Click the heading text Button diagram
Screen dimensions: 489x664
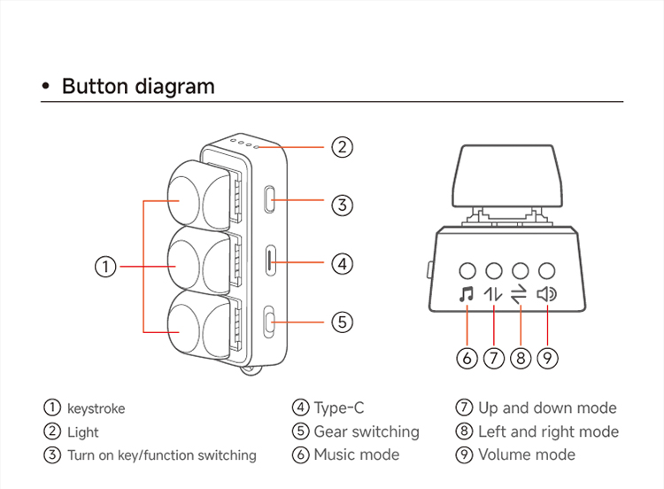(137, 86)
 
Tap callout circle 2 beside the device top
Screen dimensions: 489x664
(343, 147)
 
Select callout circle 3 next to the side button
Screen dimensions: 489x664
(343, 206)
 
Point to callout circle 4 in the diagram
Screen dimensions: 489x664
(343, 263)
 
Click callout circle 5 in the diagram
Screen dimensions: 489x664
(343, 322)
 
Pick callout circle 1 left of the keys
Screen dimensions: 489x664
(105, 266)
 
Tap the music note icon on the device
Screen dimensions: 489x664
(467, 294)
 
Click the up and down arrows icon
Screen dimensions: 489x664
(493, 294)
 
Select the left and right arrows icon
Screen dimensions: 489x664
(520, 294)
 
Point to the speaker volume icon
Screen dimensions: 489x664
(547, 294)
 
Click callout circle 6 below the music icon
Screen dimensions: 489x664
(467, 358)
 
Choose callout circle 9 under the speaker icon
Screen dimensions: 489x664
(548, 358)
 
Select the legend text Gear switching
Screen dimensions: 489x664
(366, 431)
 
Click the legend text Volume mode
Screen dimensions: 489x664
(526, 454)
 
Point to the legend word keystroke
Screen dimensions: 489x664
(96, 409)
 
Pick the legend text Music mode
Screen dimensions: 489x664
(356, 454)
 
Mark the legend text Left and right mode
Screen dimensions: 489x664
(547, 431)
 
